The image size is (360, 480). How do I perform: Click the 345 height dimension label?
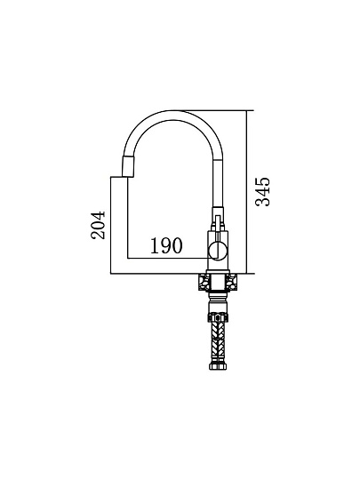(263, 192)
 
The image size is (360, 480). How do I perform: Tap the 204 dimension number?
(99, 225)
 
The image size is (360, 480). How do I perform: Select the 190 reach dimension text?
(166, 246)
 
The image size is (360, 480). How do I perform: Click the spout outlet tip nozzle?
(128, 165)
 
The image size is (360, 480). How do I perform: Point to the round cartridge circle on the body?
(217, 251)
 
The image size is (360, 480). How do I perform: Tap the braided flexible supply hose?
(218, 341)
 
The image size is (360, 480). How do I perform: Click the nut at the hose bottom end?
(218, 367)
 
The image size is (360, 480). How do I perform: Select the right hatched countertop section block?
(231, 282)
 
